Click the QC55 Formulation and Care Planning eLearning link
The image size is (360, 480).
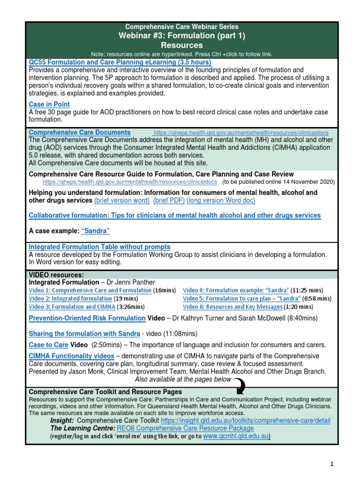(120, 62)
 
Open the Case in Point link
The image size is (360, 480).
(49, 104)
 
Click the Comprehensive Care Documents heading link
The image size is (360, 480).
(80, 133)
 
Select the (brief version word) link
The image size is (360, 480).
(122, 200)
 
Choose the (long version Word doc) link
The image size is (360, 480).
(221, 200)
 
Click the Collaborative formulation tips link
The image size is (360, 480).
(174, 215)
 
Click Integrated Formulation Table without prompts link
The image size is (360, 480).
(99, 247)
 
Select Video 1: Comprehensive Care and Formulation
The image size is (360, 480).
(90, 290)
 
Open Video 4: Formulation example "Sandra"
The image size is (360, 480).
(235, 290)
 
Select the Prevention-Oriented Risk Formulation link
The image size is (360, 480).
(87, 318)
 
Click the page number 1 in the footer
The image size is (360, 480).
(331, 464)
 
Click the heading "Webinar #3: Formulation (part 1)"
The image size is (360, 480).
(182, 36)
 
